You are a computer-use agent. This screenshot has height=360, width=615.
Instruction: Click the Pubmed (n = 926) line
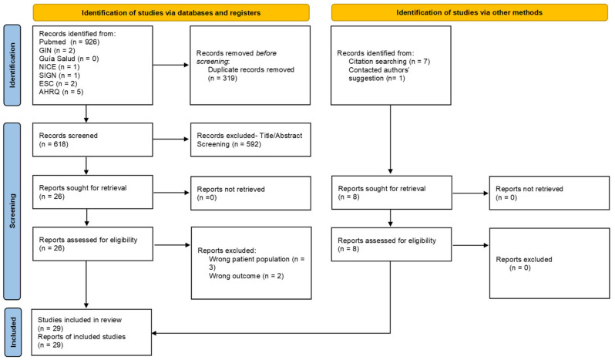pyautogui.click(x=69, y=42)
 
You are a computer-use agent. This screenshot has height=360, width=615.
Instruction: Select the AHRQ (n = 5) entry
pyautogui.click(x=61, y=92)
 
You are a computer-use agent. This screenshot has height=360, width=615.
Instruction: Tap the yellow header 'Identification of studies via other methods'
pyautogui.click(x=469, y=12)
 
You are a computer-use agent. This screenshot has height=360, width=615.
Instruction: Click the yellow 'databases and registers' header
pyautogui.click(x=171, y=12)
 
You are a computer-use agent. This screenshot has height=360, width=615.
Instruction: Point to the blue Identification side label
pyautogui.click(x=12, y=65)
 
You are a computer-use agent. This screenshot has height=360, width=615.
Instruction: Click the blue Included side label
pyautogui.click(x=13, y=332)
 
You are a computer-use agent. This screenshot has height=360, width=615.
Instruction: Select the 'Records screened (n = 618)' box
pyautogui.click(x=92, y=140)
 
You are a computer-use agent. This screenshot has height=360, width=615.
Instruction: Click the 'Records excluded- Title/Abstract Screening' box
pyautogui.click(x=250, y=140)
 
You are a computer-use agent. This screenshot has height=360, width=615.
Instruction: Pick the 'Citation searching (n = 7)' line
pyautogui.click(x=389, y=62)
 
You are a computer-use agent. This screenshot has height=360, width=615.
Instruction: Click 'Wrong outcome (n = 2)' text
pyautogui.click(x=247, y=276)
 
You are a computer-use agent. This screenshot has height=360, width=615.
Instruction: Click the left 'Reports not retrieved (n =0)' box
pyautogui.click(x=250, y=193)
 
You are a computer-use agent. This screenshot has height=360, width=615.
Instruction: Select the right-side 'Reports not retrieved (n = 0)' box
pyautogui.click(x=549, y=193)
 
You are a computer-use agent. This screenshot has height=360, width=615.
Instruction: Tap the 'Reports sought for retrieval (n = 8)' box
pyautogui.click(x=392, y=193)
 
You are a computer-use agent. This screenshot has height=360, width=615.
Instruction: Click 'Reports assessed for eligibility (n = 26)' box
pyautogui.click(x=93, y=244)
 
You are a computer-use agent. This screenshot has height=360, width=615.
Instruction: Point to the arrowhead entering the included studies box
pyautogui.click(x=154, y=333)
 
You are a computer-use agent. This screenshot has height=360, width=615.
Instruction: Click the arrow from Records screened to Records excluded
pyautogui.click(x=171, y=140)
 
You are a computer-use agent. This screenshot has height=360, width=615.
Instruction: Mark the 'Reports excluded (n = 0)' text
pyautogui.click(x=524, y=264)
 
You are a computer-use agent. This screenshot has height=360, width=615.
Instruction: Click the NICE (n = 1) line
pyautogui.click(x=59, y=67)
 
